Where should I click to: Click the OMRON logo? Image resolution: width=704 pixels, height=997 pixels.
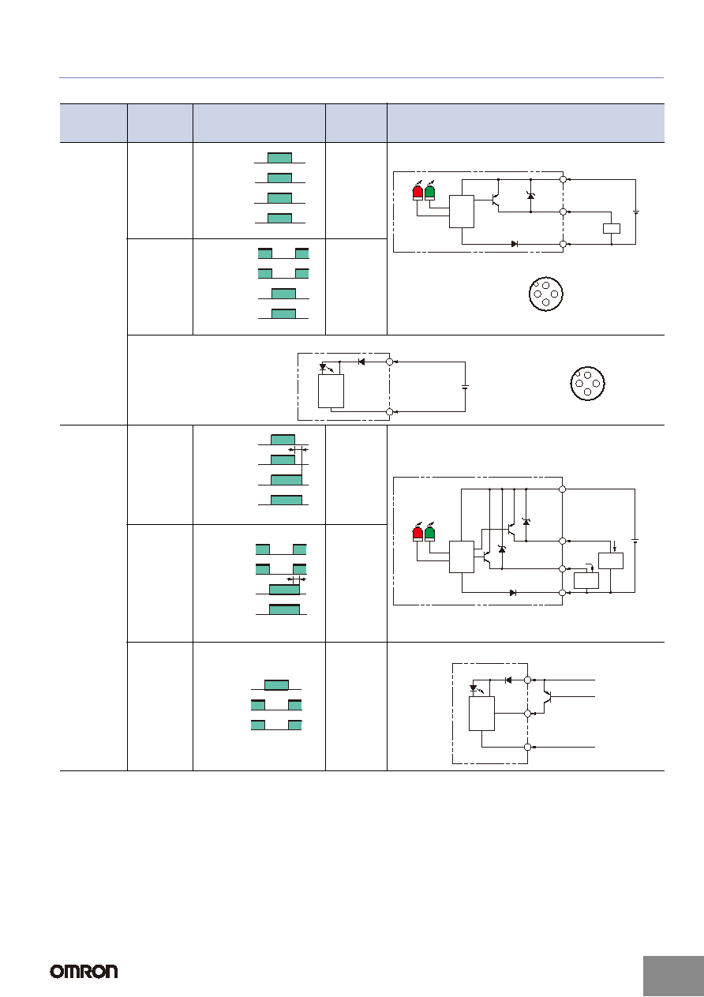pyautogui.click(x=84, y=971)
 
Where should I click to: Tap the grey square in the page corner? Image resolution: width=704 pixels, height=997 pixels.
pyautogui.click(x=673, y=976)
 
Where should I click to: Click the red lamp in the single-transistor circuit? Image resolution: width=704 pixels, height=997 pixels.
pyautogui.click(x=418, y=192)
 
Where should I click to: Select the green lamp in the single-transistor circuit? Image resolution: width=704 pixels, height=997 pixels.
pyautogui.click(x=430, y=192)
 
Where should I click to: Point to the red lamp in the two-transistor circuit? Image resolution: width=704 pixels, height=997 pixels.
pyautogui.click(x=418, y=533)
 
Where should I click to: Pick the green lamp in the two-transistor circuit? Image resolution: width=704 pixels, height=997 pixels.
pyautogui.click(x=430, y=533)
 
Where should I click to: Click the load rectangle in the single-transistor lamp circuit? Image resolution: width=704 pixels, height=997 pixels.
pyautogui.click(x=612, y=228)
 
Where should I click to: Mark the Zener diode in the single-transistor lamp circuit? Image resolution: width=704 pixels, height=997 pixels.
pyautogui.click(x=530, y=196)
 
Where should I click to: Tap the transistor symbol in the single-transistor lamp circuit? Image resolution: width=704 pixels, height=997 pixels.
pyautogui.click(x=495, y=201)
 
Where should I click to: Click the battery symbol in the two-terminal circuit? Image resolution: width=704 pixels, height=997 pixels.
pyautogui.click(x=466, y=387)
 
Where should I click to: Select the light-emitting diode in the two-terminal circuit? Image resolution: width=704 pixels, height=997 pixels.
pyautogui.click(x=324, y=367)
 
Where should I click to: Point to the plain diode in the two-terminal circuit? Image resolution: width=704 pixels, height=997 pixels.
pyautogui.click(x=361, y=362)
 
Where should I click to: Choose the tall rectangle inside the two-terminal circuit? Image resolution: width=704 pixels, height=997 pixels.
pyautogui.click(x=331, y=391)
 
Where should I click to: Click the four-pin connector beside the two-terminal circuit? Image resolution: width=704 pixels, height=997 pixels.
pyautogui.click(x=587, y=383)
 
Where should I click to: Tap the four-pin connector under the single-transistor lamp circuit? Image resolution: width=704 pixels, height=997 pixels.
pyautogui.click(x=545, y=294)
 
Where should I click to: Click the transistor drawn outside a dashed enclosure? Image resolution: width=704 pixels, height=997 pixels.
pyautogui.click(x=548, y=696)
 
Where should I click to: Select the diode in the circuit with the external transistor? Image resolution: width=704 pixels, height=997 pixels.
pyautogui.click(x=508, y=680)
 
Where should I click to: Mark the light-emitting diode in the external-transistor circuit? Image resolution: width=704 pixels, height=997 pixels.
pyautogui.click(x=474, y=688)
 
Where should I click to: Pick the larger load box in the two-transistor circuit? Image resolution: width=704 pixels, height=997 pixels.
pyautogui.click(x=611, y=560)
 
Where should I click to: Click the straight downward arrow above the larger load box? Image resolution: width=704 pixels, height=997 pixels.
pyautogui.click(x=615, y=545)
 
